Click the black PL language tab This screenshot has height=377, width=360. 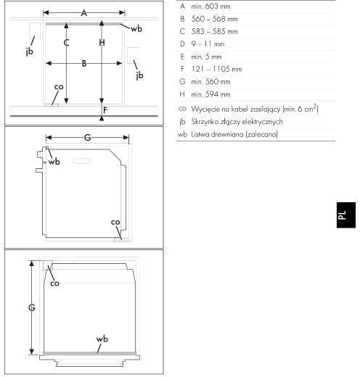346,215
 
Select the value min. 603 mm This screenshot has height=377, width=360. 210,7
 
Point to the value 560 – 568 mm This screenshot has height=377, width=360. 214,19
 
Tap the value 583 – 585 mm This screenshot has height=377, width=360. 214,32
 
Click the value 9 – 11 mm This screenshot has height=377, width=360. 208,44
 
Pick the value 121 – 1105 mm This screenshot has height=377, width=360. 216,69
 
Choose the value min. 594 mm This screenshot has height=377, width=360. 210,94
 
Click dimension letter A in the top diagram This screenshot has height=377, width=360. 84,13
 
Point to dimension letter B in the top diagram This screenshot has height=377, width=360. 84,64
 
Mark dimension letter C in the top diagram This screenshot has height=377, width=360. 67,43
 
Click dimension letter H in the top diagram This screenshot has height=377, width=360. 102,43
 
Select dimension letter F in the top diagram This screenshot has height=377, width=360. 105,110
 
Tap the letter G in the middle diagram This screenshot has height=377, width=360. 87,138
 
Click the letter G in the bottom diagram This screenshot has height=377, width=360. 32,307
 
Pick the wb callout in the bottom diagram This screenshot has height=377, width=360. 102,339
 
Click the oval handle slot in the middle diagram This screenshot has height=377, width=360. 81,161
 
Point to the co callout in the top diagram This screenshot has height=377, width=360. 59,87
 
